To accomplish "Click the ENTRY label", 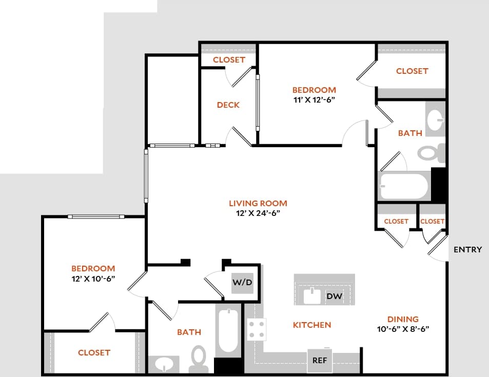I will coord(467,250).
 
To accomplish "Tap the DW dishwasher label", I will coord(334,296).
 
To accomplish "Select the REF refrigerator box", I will coord(320,360).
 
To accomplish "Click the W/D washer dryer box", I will coord(243,282).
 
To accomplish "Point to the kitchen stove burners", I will coord(257,329).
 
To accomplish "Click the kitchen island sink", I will coord(311,296).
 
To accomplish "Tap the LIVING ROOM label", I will coord(258,203).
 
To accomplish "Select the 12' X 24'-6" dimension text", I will coord(258,213).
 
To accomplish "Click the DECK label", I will coord(228,105).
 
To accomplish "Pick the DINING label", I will coord(403,319).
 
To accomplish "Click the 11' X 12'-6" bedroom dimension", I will coord(314,100).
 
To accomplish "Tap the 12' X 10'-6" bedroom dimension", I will coord(93,279).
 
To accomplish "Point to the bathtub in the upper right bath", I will coord(403,187).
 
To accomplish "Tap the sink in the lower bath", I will coord(164,364).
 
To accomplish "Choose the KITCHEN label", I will coord(312,325).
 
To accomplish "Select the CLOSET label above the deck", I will coord(229,59).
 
